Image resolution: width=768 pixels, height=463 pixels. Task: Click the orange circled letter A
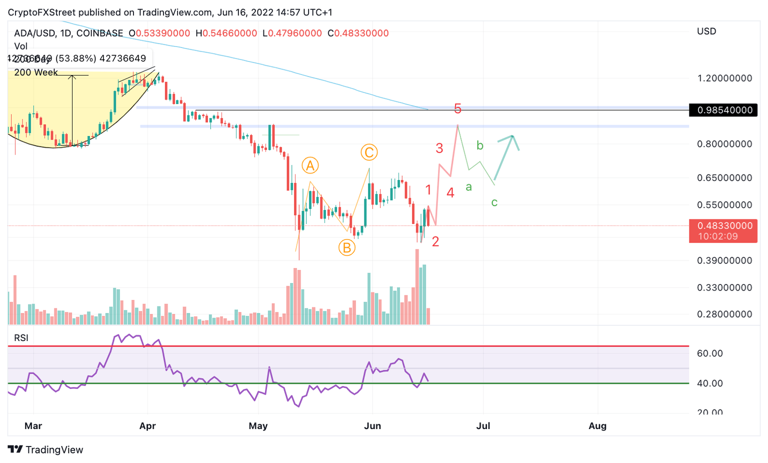click(x=310, y=165)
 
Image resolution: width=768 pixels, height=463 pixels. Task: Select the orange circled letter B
click(x=346, y=247)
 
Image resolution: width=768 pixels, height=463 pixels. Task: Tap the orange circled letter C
click(x=369, y=152)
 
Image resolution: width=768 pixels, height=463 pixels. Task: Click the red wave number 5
click(x=457, y=108)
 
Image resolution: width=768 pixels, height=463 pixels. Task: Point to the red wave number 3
click(x=439, y=148)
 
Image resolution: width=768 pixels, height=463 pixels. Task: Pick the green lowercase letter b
click(x=480, y=145)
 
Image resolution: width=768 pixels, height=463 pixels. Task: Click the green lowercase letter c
click(x=494, y=202)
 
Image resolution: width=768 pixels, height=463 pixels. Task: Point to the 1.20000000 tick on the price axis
click(x=724, y=78)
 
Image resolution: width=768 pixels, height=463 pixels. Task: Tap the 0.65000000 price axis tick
click(x=724, y=177)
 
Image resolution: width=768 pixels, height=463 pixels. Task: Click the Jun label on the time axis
click(x=372, y=426)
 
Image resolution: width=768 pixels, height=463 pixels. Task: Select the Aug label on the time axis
click(x=597, y=426)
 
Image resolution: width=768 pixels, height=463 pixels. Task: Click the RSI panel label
click(x=21, y=338)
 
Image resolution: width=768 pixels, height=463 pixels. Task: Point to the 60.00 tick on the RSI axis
click(x=710, y=353)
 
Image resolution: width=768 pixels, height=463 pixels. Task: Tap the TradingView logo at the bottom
click(x=45, y=449)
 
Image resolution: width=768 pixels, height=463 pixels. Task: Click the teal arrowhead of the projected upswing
click(x=513, y=136)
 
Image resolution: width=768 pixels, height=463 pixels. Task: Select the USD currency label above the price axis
click(x=706, y=31)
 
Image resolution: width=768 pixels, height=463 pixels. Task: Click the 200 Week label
click(x=36, y=72)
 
